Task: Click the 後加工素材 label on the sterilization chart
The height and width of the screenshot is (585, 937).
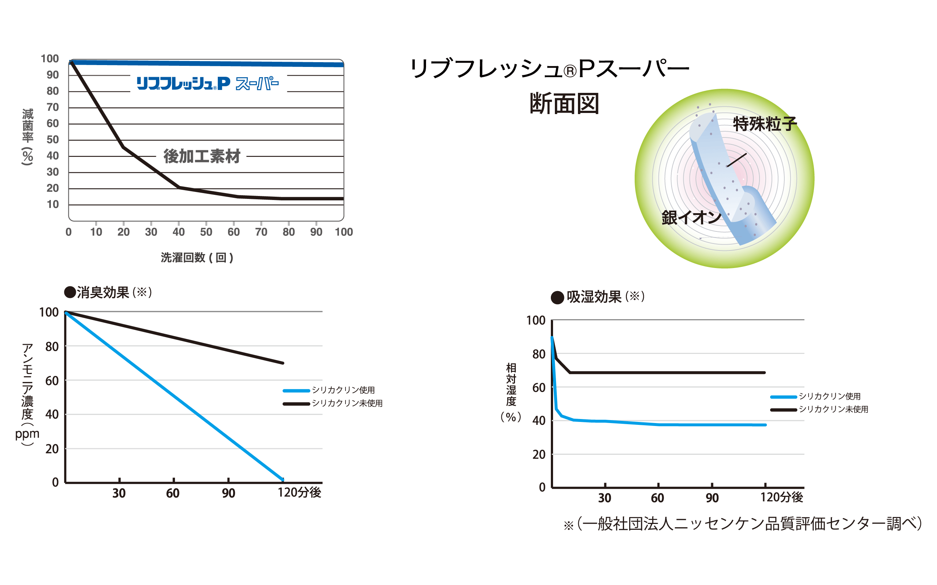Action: (202, 156)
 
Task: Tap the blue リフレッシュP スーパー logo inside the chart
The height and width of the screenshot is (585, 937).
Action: (208, 84)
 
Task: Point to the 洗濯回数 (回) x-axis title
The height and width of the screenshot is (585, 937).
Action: (197, 258)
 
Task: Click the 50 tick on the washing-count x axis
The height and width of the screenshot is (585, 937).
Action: (206, 232)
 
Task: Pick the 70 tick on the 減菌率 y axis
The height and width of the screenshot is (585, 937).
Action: (53, 107)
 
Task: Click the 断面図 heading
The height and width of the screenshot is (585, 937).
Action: (564, 104)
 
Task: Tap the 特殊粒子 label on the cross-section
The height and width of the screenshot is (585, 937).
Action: (765, 124)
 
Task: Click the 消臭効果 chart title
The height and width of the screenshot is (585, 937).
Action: (108, 292)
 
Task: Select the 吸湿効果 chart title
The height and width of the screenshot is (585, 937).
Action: (598, 297)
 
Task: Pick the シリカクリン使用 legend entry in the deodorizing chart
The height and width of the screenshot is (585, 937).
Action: (343, 390)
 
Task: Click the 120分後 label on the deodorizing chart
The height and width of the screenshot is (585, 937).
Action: (299, 492)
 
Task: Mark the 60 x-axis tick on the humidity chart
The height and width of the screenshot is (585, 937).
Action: (657, 498)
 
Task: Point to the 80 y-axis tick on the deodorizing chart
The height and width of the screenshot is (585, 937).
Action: (52, 347)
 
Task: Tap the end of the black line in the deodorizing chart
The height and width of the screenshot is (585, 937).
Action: (283, 363)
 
